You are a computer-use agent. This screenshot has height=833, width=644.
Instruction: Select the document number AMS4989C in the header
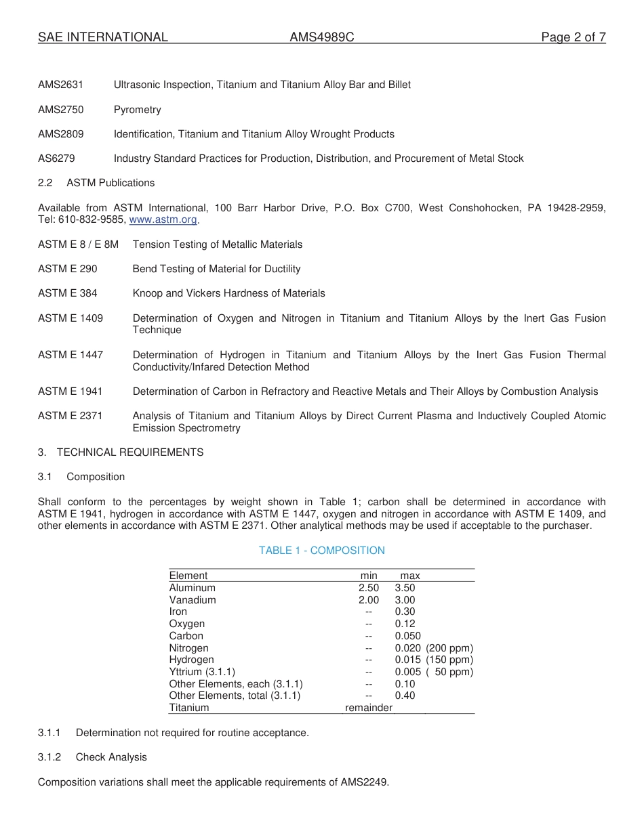coord(321,37)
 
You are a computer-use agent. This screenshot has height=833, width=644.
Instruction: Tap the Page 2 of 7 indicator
coord(573,37)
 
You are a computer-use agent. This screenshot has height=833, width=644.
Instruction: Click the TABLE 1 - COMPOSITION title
coord(321,551)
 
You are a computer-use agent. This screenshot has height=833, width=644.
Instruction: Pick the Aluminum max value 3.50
coord(405,588)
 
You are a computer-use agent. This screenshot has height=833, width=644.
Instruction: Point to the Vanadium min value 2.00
coord(369,600)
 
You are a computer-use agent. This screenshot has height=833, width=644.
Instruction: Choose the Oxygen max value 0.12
coord(405,624)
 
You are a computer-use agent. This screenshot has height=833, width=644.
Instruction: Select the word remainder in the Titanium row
coord(369,708)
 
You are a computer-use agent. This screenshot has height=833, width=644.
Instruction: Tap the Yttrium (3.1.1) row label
coord(202,672)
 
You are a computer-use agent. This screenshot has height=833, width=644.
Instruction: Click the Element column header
coord(188,576)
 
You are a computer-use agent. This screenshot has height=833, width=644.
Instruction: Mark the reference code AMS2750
coord(61,110)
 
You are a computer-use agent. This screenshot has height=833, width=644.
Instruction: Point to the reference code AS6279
coord(57,158)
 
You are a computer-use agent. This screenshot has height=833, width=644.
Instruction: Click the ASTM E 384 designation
coord(68,293)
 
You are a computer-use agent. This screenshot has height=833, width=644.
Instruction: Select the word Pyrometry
coord(138,110)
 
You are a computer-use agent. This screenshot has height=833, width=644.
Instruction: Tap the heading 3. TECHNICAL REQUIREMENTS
coord(121,452)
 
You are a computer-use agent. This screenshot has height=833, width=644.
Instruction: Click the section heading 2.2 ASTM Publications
coord(96,183)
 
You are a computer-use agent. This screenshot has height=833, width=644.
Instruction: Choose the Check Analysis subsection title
coord(111,757)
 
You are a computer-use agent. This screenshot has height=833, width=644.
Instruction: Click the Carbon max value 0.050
coord(407,636)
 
